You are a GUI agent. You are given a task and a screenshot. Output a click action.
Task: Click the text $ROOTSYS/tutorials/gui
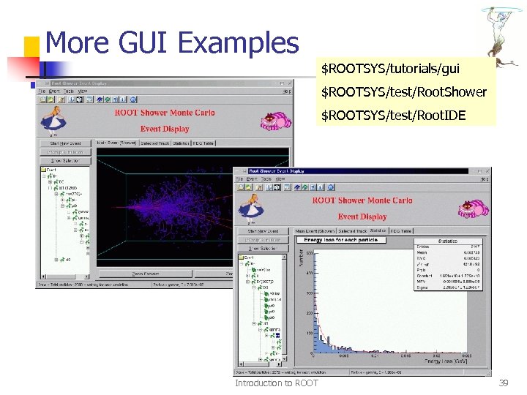pos(391,69)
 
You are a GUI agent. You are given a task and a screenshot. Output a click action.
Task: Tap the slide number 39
pos(503,383)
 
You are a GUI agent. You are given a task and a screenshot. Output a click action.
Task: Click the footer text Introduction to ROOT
pos(276,383)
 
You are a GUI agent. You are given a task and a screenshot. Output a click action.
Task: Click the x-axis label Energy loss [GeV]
pos(446,361)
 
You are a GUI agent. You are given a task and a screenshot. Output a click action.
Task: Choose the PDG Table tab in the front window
pos(401,231)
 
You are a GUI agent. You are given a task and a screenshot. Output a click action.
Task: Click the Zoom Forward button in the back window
pos(146,274)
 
